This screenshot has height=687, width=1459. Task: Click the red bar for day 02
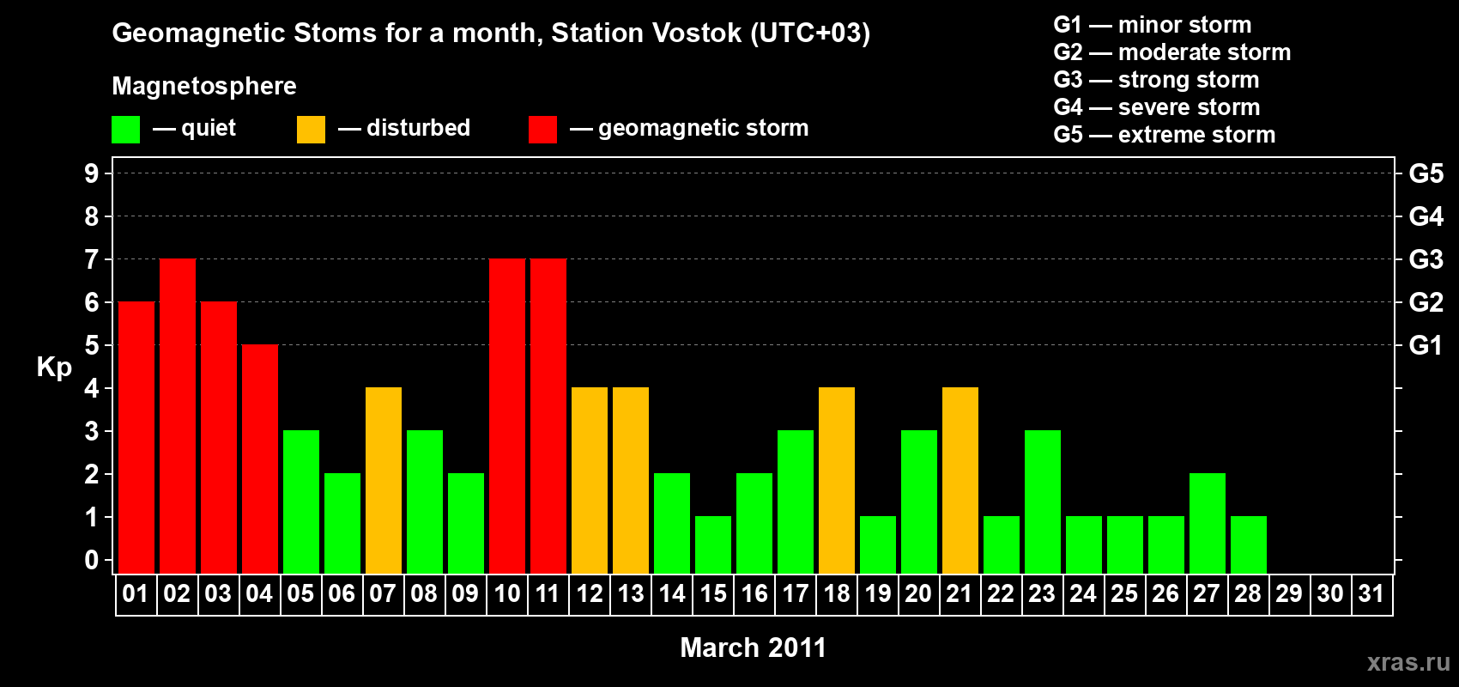pos(177,416)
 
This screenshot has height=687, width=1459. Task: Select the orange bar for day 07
pos(384,480)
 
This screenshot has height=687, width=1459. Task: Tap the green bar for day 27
pos(1207,523)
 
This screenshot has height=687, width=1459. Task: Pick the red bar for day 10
pos(507,416)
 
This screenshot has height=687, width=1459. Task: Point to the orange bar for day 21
pos(960,480)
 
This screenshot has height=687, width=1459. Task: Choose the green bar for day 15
pos(713,545)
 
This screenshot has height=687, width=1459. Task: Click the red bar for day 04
pos(260,459)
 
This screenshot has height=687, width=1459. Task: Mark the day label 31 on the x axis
pos(1371,593)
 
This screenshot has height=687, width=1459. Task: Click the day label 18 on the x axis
pos(836,593)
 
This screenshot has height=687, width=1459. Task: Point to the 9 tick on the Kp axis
pos(91,173)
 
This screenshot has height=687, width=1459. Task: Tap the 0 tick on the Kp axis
pos(91,560)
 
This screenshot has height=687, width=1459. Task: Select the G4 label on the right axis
pos(1426,216)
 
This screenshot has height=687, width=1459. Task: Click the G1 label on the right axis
pos(1426,345)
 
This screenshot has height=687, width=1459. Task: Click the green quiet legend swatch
pos(125,129)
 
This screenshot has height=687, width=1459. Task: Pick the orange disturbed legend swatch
pos(311,129)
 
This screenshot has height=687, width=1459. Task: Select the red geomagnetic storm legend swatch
pos(542,129)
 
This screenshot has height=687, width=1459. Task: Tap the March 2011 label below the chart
pos(753,647)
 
